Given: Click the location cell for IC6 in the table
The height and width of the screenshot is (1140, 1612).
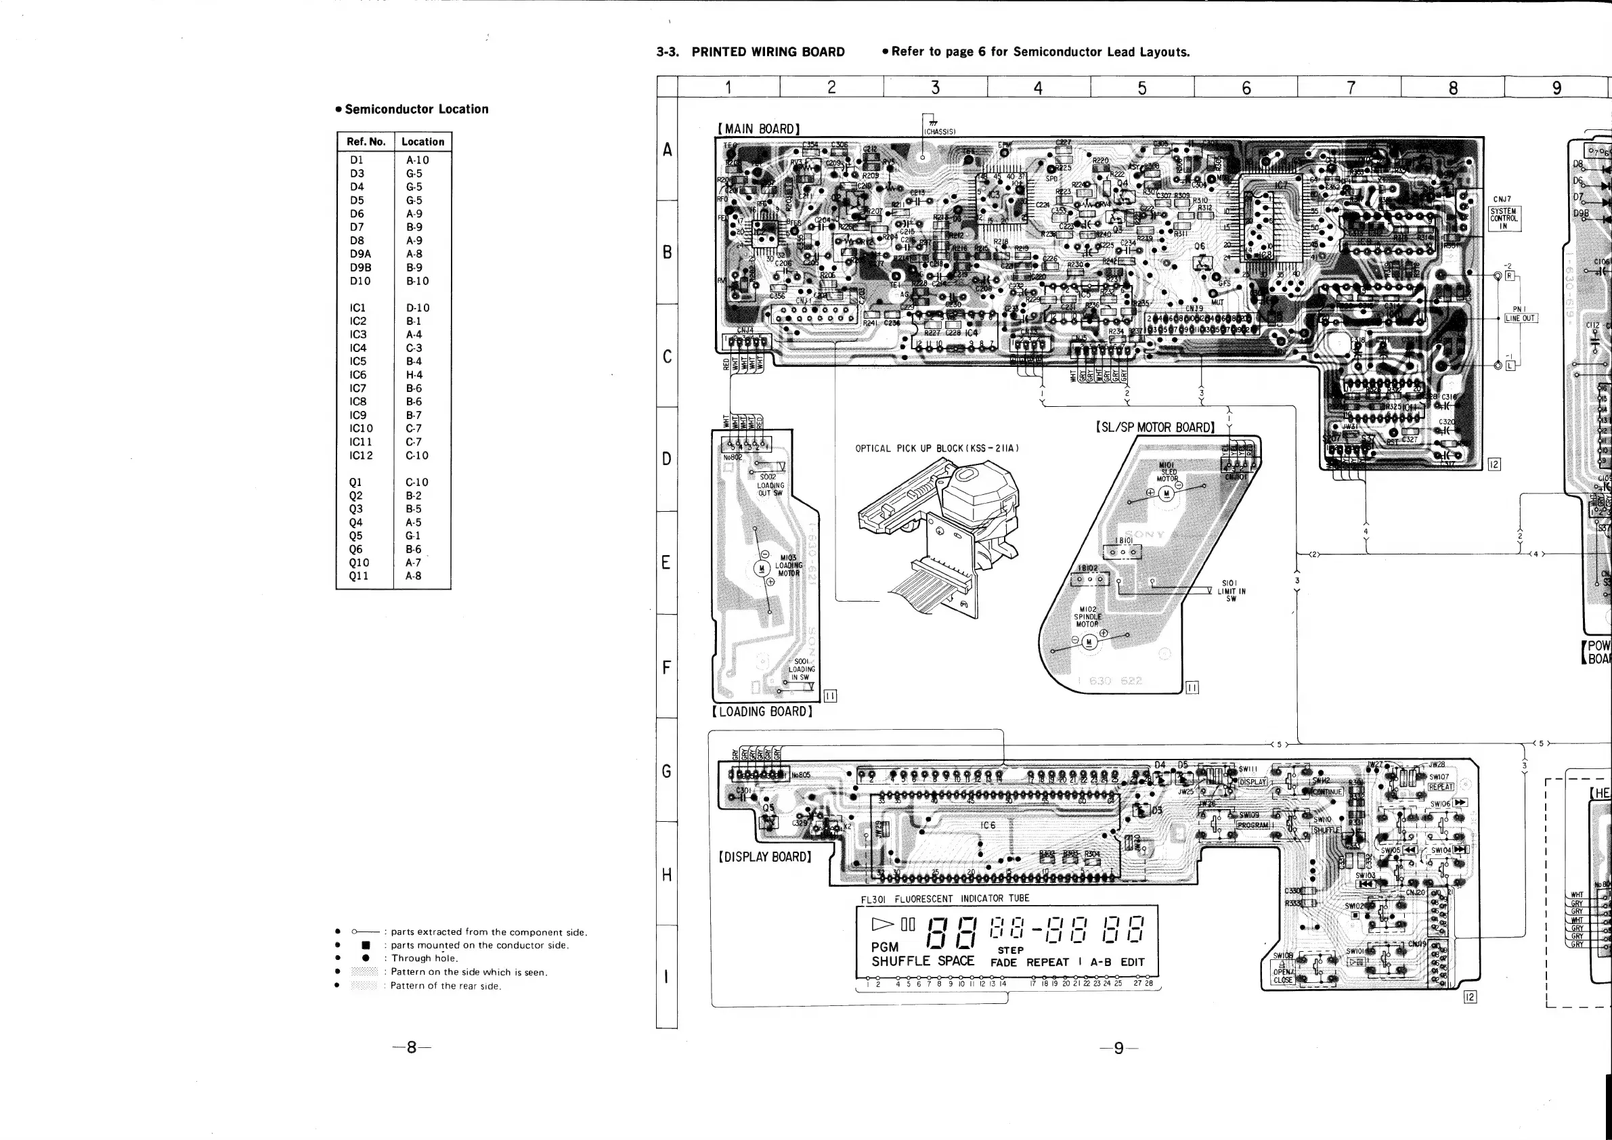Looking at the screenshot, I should pos(414,375).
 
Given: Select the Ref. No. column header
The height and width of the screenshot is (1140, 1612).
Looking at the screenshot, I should pos(366,141).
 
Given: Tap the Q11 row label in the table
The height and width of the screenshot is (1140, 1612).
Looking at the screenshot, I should pos(358,576).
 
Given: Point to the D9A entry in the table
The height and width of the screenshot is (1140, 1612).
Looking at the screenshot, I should pos(360,254).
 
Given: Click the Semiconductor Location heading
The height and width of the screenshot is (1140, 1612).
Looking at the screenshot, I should pos(416,110).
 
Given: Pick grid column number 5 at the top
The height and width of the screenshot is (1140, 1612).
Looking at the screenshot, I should pos(1142,88).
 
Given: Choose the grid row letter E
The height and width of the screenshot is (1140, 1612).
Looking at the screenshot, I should pos(666,563).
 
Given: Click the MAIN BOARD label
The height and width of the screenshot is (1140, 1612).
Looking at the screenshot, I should pos(758,129).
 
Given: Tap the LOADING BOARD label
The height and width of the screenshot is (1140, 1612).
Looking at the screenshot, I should pos(762,711).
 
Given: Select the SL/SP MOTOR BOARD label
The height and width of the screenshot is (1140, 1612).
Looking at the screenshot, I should pos(1155,428).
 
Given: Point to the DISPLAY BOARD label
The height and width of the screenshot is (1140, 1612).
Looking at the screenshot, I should pos(764,857).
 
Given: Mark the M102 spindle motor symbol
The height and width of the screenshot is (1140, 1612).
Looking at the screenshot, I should pos(1089,642).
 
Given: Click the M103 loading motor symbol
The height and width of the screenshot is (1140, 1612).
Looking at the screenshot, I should pos(762,569).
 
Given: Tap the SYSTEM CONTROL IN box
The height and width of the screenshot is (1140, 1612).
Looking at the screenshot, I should pos(1503,218).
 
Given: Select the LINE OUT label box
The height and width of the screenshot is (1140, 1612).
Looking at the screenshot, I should pos(1520,318).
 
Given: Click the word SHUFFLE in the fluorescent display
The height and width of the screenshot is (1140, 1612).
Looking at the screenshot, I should pos(900,961).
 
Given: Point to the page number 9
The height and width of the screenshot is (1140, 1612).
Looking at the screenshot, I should pos(1118,1048).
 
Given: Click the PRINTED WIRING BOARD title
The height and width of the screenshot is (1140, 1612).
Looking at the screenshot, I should pos(768,52).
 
